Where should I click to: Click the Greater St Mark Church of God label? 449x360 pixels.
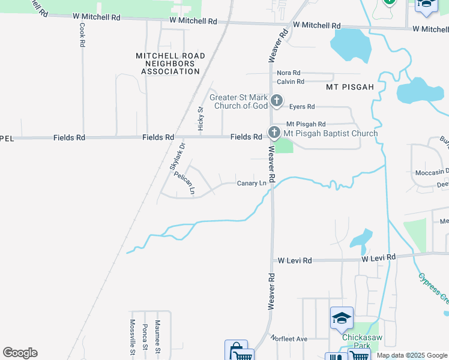(x=238, y=101)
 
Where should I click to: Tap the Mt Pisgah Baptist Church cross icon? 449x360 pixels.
(x=274, y=132)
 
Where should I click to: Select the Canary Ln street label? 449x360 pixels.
(x=251, y=183)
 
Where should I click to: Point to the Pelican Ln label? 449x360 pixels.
(x=185, y=184)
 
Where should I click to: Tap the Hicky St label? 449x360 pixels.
(x=201, y=119)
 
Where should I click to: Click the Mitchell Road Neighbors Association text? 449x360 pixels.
(x=170, y=64)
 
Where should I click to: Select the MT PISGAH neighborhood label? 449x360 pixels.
(x=350, y=87)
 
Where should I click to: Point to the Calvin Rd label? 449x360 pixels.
(x=291, y=82)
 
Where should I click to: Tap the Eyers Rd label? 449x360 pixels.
(x=302, y=107)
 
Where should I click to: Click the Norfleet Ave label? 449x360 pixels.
(x=289, y=339)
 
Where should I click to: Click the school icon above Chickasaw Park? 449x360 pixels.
(x=342, y=317)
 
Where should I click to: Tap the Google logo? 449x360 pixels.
(x=20, y=353)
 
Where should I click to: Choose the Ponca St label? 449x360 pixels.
(x=145, y=338)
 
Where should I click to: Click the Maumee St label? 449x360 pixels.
(x=157, y=337)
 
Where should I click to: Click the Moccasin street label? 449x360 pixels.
(x=432, y=172)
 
